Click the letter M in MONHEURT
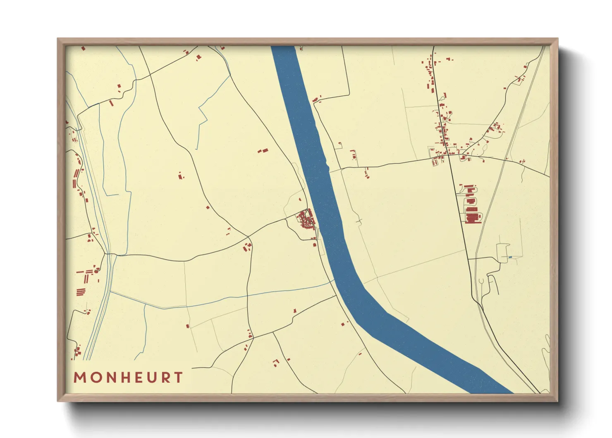click(79, 378)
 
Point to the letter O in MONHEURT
click(96, 378)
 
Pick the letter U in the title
click(153, 378)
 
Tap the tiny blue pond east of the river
click(510, 258)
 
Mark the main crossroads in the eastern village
click(448, 155)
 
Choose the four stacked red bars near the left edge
click(81, 292)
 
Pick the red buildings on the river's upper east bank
click(317, 99)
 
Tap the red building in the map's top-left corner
click(83, 48)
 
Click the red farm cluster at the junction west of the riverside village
click(247, 247)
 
